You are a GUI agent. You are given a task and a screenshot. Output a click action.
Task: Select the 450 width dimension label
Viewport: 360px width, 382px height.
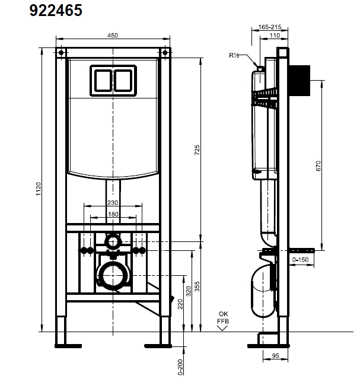pyautogui.click(x=111, y=35)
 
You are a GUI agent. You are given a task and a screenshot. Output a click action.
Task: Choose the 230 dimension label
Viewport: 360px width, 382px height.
pyautogui.click(x=112, y=203)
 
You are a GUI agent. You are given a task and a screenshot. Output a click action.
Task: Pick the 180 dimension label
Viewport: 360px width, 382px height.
pyautogui.click(x=112, y=214)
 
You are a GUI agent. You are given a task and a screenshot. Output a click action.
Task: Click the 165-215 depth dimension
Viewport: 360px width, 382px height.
pyautogui.click(x=270, y=27)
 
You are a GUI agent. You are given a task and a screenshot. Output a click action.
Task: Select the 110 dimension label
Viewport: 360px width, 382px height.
pyautogui.click(x=275, y=36)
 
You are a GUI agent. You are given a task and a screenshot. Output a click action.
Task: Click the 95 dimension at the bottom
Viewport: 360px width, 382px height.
pyautogui.click(x=275, y=357)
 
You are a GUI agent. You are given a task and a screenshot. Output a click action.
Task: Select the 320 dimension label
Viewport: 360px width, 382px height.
pyautogui.click(x=189, y=291)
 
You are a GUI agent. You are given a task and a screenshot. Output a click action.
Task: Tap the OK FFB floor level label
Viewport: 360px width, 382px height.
pyautogui.click(x=222, y=318)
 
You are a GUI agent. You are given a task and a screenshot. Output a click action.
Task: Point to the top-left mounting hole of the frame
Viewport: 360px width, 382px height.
pyautogui.click(x=61, y=53)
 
